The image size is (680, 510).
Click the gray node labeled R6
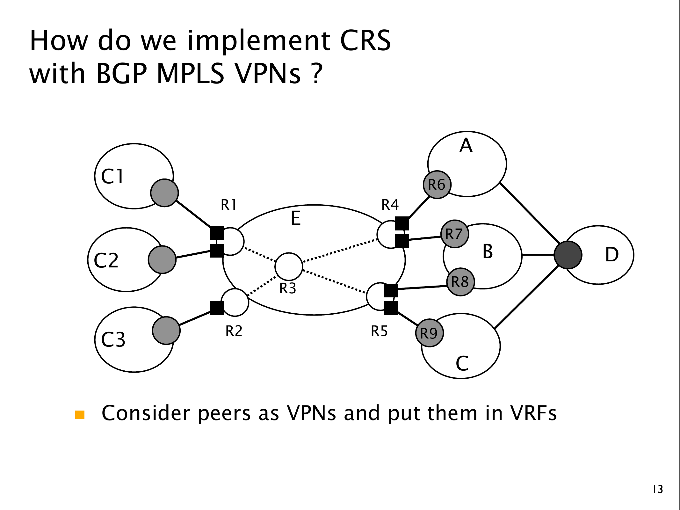[x=437, y=185]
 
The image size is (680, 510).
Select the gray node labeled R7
[x=455, y=234]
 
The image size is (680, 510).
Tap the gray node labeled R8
[x=460, y=282]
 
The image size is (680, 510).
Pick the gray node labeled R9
[x=430, y=333]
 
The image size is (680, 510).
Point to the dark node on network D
[x=568, y=255]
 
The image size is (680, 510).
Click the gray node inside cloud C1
[x=164, y=193]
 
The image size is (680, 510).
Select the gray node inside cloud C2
[x=162, y=259]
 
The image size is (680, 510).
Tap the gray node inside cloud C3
[x=166, y=331]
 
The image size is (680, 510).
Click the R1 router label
[x=229, y=205]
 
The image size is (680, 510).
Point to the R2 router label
[x=234, y=331]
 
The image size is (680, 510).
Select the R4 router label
[x=390, y=205]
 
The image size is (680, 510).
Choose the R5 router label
[x=379, y=331]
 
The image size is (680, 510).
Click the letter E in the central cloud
[x=296, y=219]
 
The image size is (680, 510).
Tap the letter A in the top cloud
[x=466, y=146]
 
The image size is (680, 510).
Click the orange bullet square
[x=80, y=415]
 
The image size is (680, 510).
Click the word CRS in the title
[x=365, y=40]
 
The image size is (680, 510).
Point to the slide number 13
[x=658, y=489]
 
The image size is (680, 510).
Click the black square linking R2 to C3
[x=217, y=308]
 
